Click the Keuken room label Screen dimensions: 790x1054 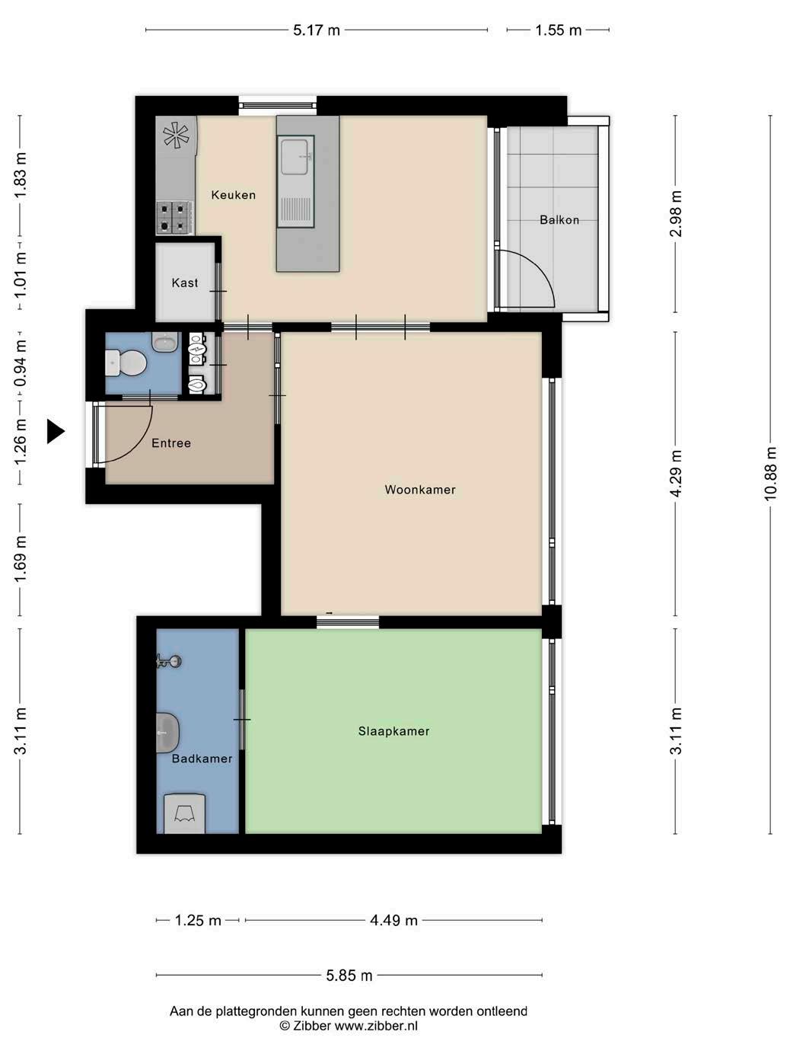point(233,195)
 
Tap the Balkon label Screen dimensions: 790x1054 point(559,220)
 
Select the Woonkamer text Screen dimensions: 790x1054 point(419,490)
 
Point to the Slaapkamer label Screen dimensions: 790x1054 point(393,731)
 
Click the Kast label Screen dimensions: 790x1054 point(185,283)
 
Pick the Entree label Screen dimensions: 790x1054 point(171,442)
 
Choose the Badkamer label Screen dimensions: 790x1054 point(202,759)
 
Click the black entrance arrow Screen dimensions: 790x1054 point(56,431)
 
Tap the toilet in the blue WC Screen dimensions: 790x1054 point(126,363)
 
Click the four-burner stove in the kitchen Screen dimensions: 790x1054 point(175,218)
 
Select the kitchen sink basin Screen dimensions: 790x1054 point(294,157)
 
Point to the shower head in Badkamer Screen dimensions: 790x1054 point(168,661)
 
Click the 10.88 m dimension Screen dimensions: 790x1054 point(770,474)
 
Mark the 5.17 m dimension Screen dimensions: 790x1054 point(317,30)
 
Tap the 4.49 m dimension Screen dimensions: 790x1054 point(393,921)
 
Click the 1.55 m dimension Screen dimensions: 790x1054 point(559,30)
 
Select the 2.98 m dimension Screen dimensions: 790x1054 point(675,214)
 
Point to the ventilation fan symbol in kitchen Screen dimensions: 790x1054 point(176,135)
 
